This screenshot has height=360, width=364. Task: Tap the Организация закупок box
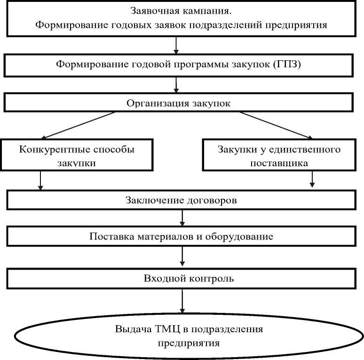pyautogui.click(x=178, y=104)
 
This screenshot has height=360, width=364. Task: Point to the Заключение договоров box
pyautogui.click(x=181, y=200)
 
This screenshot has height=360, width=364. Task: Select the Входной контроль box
pyautogui.click(x=181, y=279)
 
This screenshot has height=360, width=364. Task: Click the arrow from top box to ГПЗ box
pyautogui.click(x=175, y=45)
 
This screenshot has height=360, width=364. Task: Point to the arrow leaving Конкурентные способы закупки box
pyautogui.click(x=40, y=180)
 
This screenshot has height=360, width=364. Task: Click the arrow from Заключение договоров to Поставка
pyautogui.click(x=182, y=218)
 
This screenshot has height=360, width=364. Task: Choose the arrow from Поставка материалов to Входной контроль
pyautogui.click(x=182, y=257)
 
